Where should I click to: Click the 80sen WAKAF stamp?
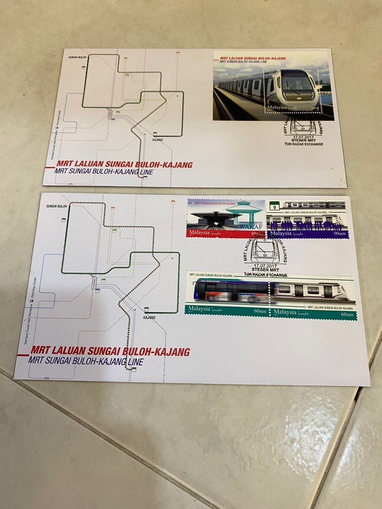pyautogui.click(x=226, y=218)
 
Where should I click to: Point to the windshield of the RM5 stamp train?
pyautogui.click(x=297, y=83)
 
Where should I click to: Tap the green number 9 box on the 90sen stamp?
pyautogui.click(x=273, y=205)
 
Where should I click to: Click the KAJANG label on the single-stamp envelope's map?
pyautogui.click(x=158, y=140)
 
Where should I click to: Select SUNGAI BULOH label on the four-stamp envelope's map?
pyautogui.click(x=57, y=206)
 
